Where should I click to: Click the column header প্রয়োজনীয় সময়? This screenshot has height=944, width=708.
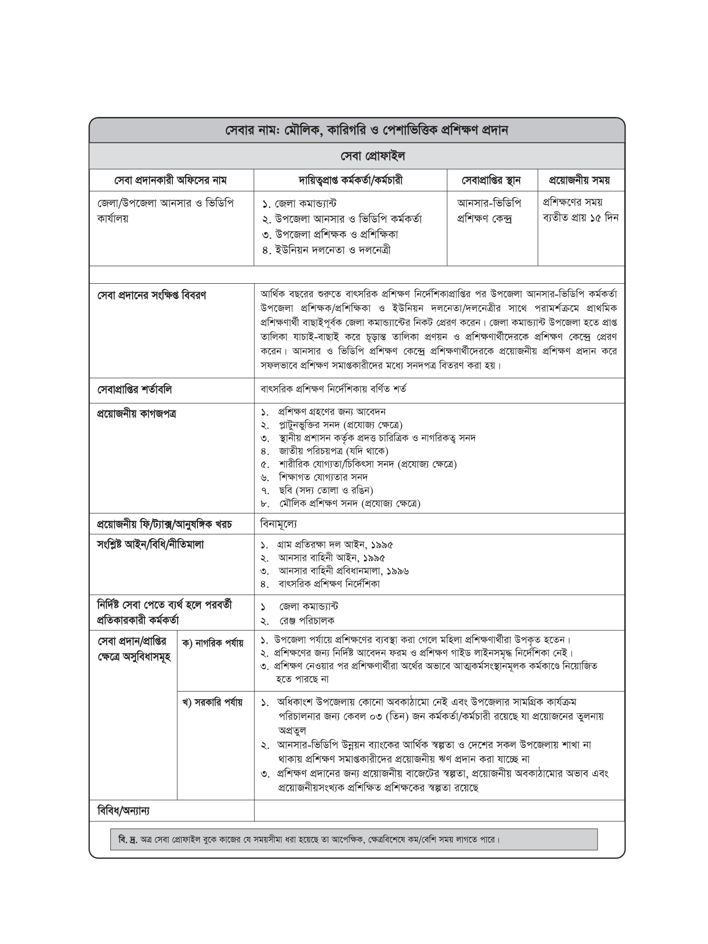pyautogui.click(x=579, y=180)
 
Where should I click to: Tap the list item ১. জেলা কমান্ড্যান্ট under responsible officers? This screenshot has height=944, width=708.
pyautogui.click(x=299, y=204)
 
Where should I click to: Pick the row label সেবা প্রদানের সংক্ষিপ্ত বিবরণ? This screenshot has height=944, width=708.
pyautogui.click(x=152, y=296)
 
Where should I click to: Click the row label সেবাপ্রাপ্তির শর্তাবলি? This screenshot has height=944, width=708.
pyautogui.click(x=134, y=390)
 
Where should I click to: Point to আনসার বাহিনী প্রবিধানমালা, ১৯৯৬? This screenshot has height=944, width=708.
pyautogui.click(x=343, y=571)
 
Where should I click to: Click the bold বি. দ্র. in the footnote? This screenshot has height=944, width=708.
pyautogui.click(x=127, y=840)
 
